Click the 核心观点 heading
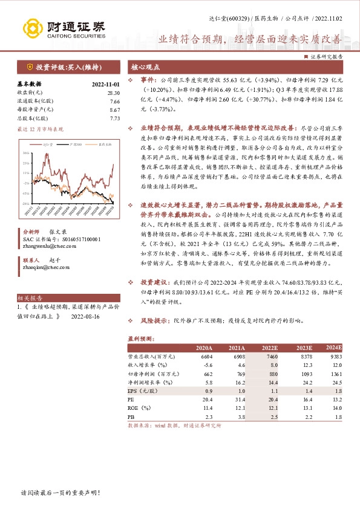pos(144,68)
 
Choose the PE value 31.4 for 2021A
pos(237,400)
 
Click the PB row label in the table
pos(131,417)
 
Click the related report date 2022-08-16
pos(86,316)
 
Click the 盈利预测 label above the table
pos(141,339)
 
